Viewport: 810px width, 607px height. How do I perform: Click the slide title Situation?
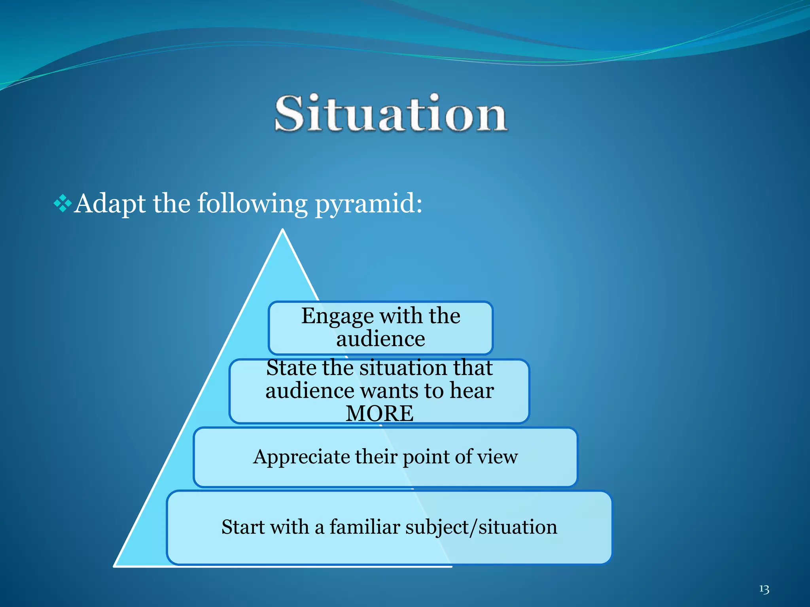click(391, 114)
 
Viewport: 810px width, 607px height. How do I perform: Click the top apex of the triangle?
click(283, 230)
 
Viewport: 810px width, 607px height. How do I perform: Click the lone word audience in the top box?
click(380, 339)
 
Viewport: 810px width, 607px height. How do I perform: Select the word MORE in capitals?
click(380, 413)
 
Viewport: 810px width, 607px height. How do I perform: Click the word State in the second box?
click(291, 368)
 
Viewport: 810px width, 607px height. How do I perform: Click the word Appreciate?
click(301, 457)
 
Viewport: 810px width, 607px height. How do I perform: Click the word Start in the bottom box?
click(243, 527)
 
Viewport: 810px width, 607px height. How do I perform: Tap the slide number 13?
click(764, 589)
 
